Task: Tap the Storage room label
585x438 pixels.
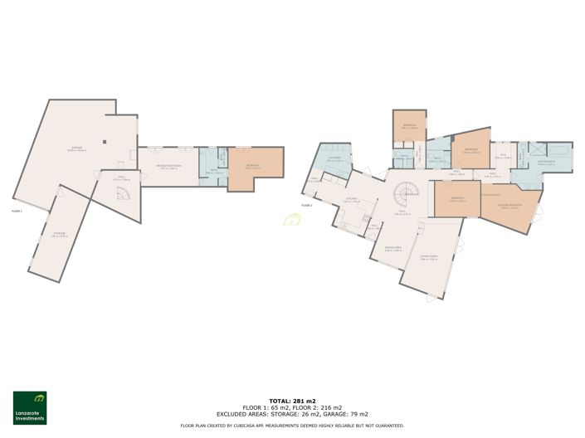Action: [59, 235]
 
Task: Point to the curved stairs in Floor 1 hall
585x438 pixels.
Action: [121, 194]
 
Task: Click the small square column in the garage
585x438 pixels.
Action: [104, 141]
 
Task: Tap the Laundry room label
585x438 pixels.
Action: [333, 159]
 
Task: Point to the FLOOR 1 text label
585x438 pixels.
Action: [17, 212]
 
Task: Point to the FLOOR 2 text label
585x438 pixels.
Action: [306, 204]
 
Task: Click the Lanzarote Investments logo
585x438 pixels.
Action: [30, 407]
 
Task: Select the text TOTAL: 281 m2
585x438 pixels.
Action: [292, 400]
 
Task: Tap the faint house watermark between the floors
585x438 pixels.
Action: [292, 221]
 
